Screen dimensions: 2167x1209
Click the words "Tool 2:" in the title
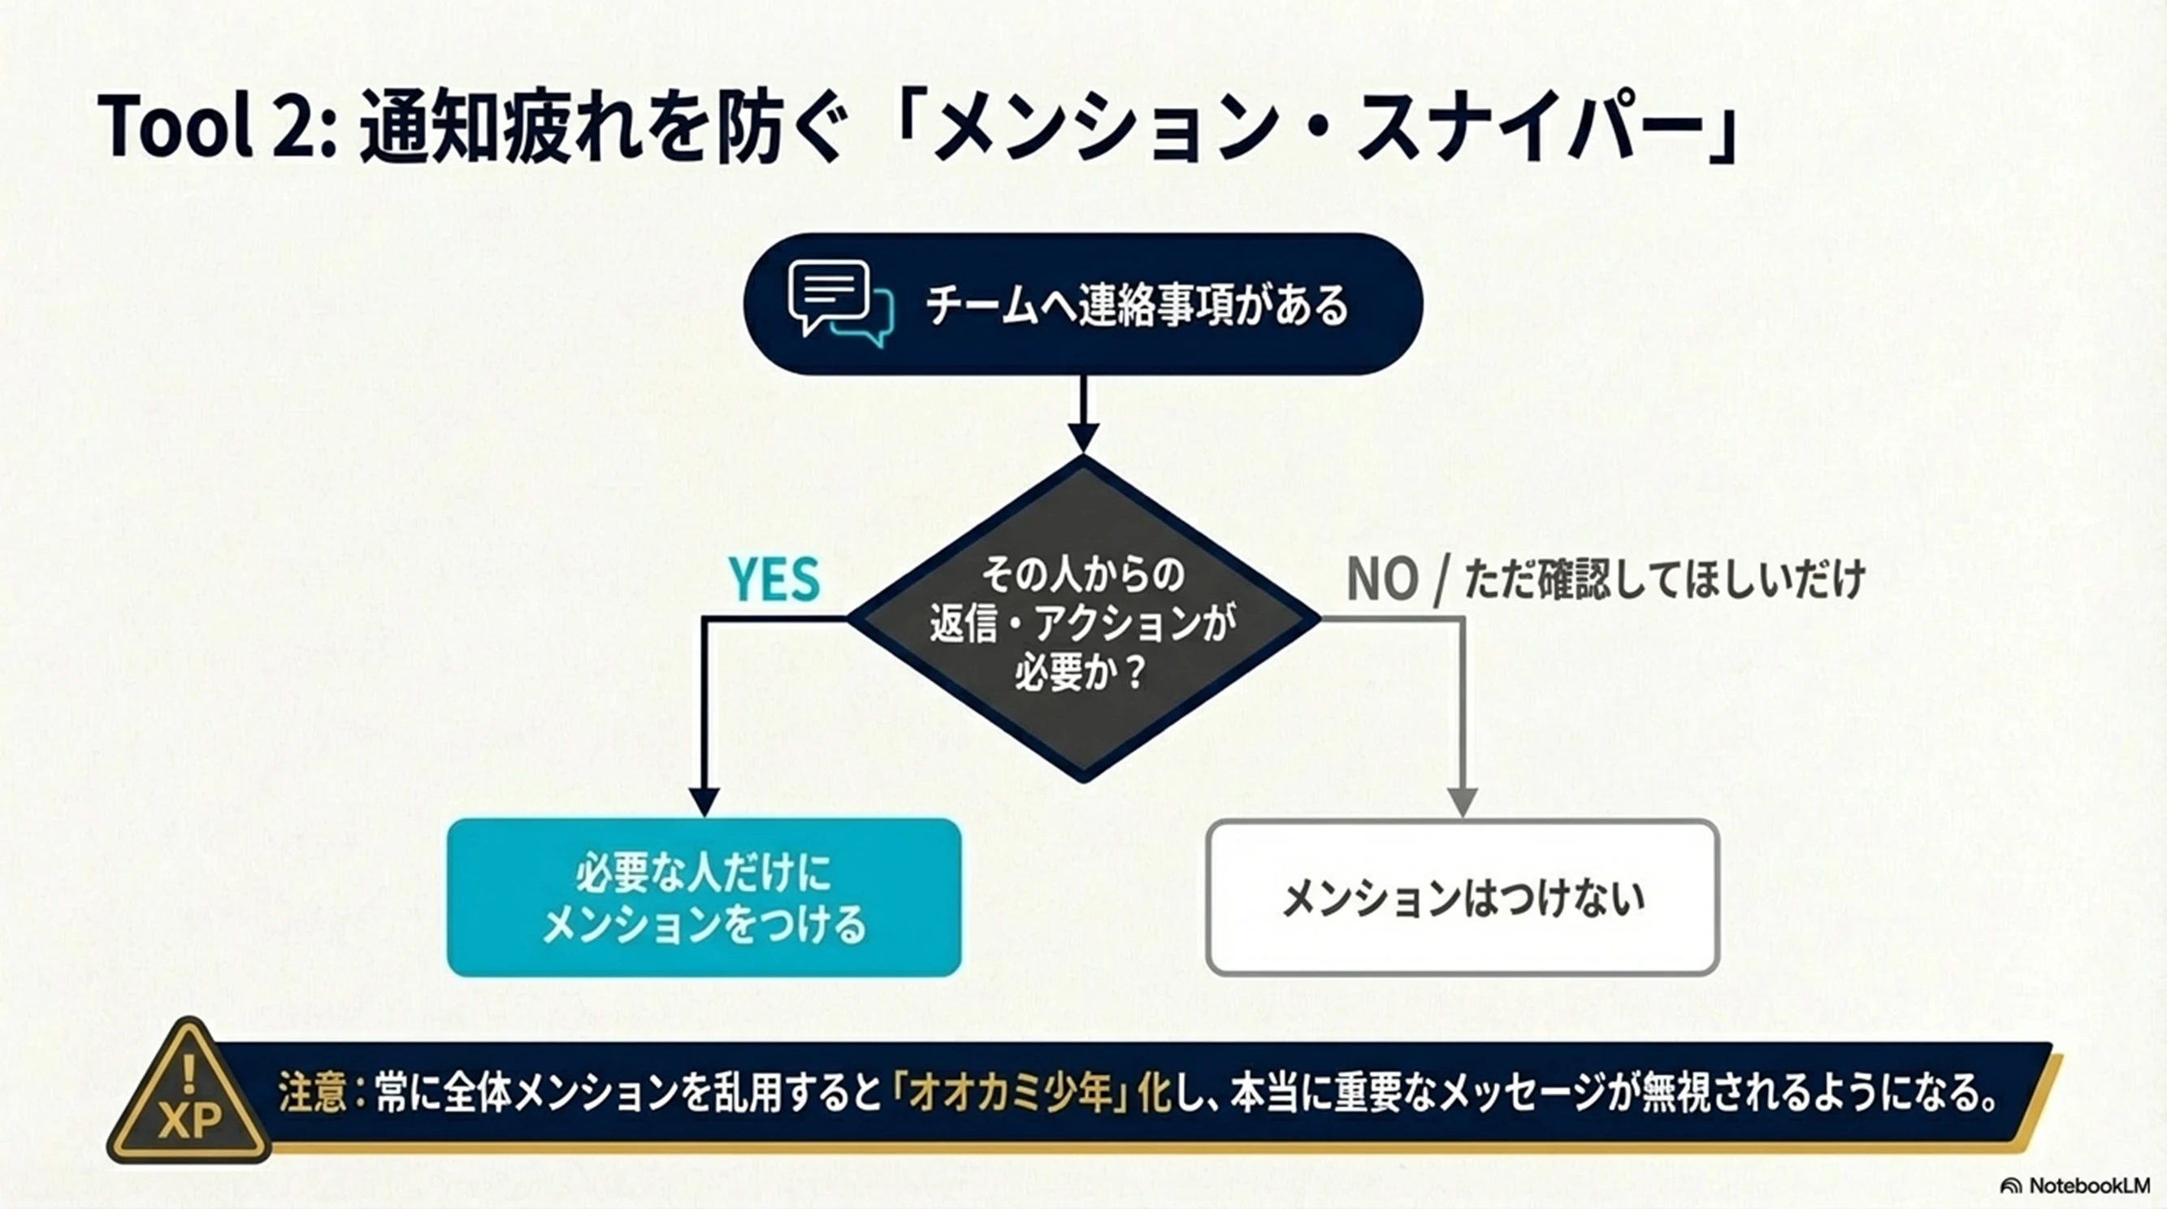[217, 127]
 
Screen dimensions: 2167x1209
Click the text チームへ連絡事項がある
[1137, 305]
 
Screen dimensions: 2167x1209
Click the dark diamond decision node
[1084, 619]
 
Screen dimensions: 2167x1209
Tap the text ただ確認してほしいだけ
[1665, 579]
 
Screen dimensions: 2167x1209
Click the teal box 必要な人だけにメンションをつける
[704, 898]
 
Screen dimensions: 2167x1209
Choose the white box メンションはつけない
[1463, 898]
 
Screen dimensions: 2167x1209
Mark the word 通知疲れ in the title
[496, 128]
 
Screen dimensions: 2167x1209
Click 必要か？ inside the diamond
[1081, 673]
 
